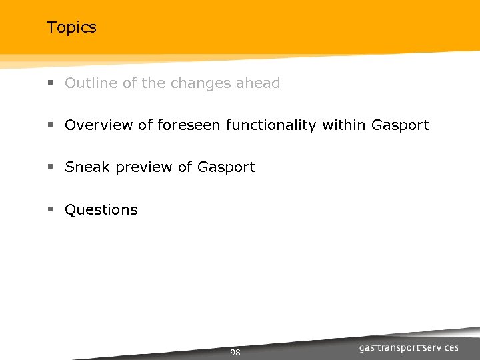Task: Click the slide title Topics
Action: click(x=71, y=27)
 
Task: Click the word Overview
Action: click(x=99, y=125)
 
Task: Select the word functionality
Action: click(x=271, y=125)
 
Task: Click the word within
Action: click(x=344, y=125)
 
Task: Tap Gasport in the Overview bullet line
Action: click(x=400, y=125)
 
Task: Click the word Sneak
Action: click(x=87, y=167)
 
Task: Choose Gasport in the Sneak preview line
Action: click(x=226, y=167)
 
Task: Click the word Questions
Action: click(x=101, y=210)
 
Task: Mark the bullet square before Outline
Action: click(x=50, y=84)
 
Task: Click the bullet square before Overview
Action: click(x=50, y=126)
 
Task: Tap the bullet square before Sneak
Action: click(x=50, y=168)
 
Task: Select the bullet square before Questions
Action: click(x=50, y=210)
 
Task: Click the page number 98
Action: click(x=235, y=352)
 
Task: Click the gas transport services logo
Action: click(x=409, y=347)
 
